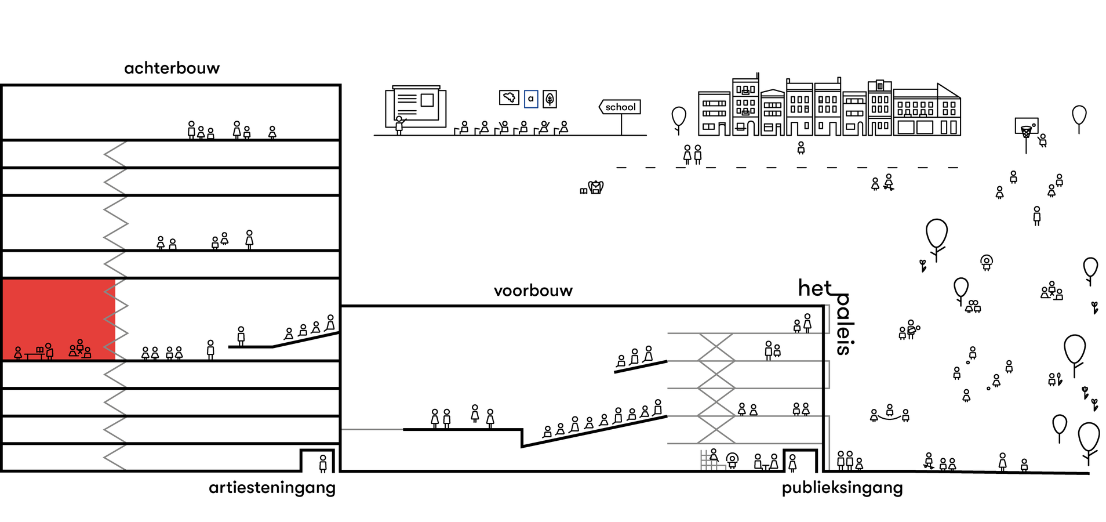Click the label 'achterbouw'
[x=172, y=68]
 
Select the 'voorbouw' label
[x=533, y=291]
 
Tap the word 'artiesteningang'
[x=272, y=488]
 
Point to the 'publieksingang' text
[x=842, y=488]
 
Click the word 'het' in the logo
[x=814, y=288]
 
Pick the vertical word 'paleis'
[x=843, y=324]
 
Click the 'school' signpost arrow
[x=620, y=107]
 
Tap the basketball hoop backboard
[x=1026, y=125]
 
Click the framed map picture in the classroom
[x=509, y=97]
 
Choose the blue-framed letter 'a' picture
[x=530, y=99]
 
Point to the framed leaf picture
[x=550, y=99]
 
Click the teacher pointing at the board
[x=399, y=125]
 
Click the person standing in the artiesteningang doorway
[x=323, y=463]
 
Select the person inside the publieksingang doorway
[x=792, y=463]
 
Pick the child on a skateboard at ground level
[x=929, y=461]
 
